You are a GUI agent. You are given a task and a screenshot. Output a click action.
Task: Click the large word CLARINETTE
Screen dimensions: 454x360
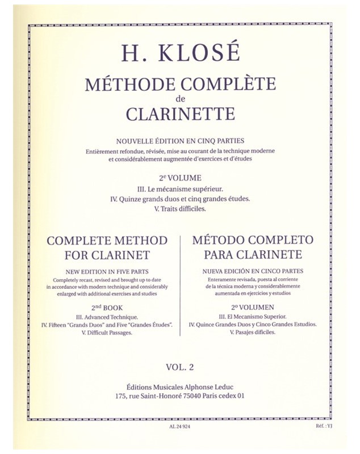pos(181,113)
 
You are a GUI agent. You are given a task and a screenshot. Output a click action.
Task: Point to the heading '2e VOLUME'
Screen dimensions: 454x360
pos(181,177)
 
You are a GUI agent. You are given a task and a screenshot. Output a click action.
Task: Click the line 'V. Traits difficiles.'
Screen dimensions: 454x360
pos(181,209)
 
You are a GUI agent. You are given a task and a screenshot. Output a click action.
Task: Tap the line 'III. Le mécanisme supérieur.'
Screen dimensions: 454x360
pos(181,188)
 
